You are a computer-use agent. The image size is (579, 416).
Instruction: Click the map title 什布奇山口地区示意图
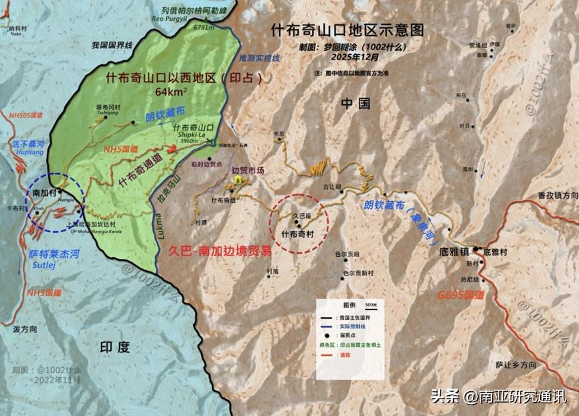[348, 30]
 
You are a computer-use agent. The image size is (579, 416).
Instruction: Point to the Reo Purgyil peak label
[171, 19]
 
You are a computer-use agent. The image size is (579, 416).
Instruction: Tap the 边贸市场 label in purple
[248, 170]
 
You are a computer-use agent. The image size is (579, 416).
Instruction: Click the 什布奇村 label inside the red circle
[298, 235]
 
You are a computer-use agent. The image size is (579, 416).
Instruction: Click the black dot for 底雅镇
[476, 250]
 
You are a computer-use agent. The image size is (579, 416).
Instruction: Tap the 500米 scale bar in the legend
[371, 305]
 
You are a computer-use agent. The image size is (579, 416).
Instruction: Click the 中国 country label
[355, 103]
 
